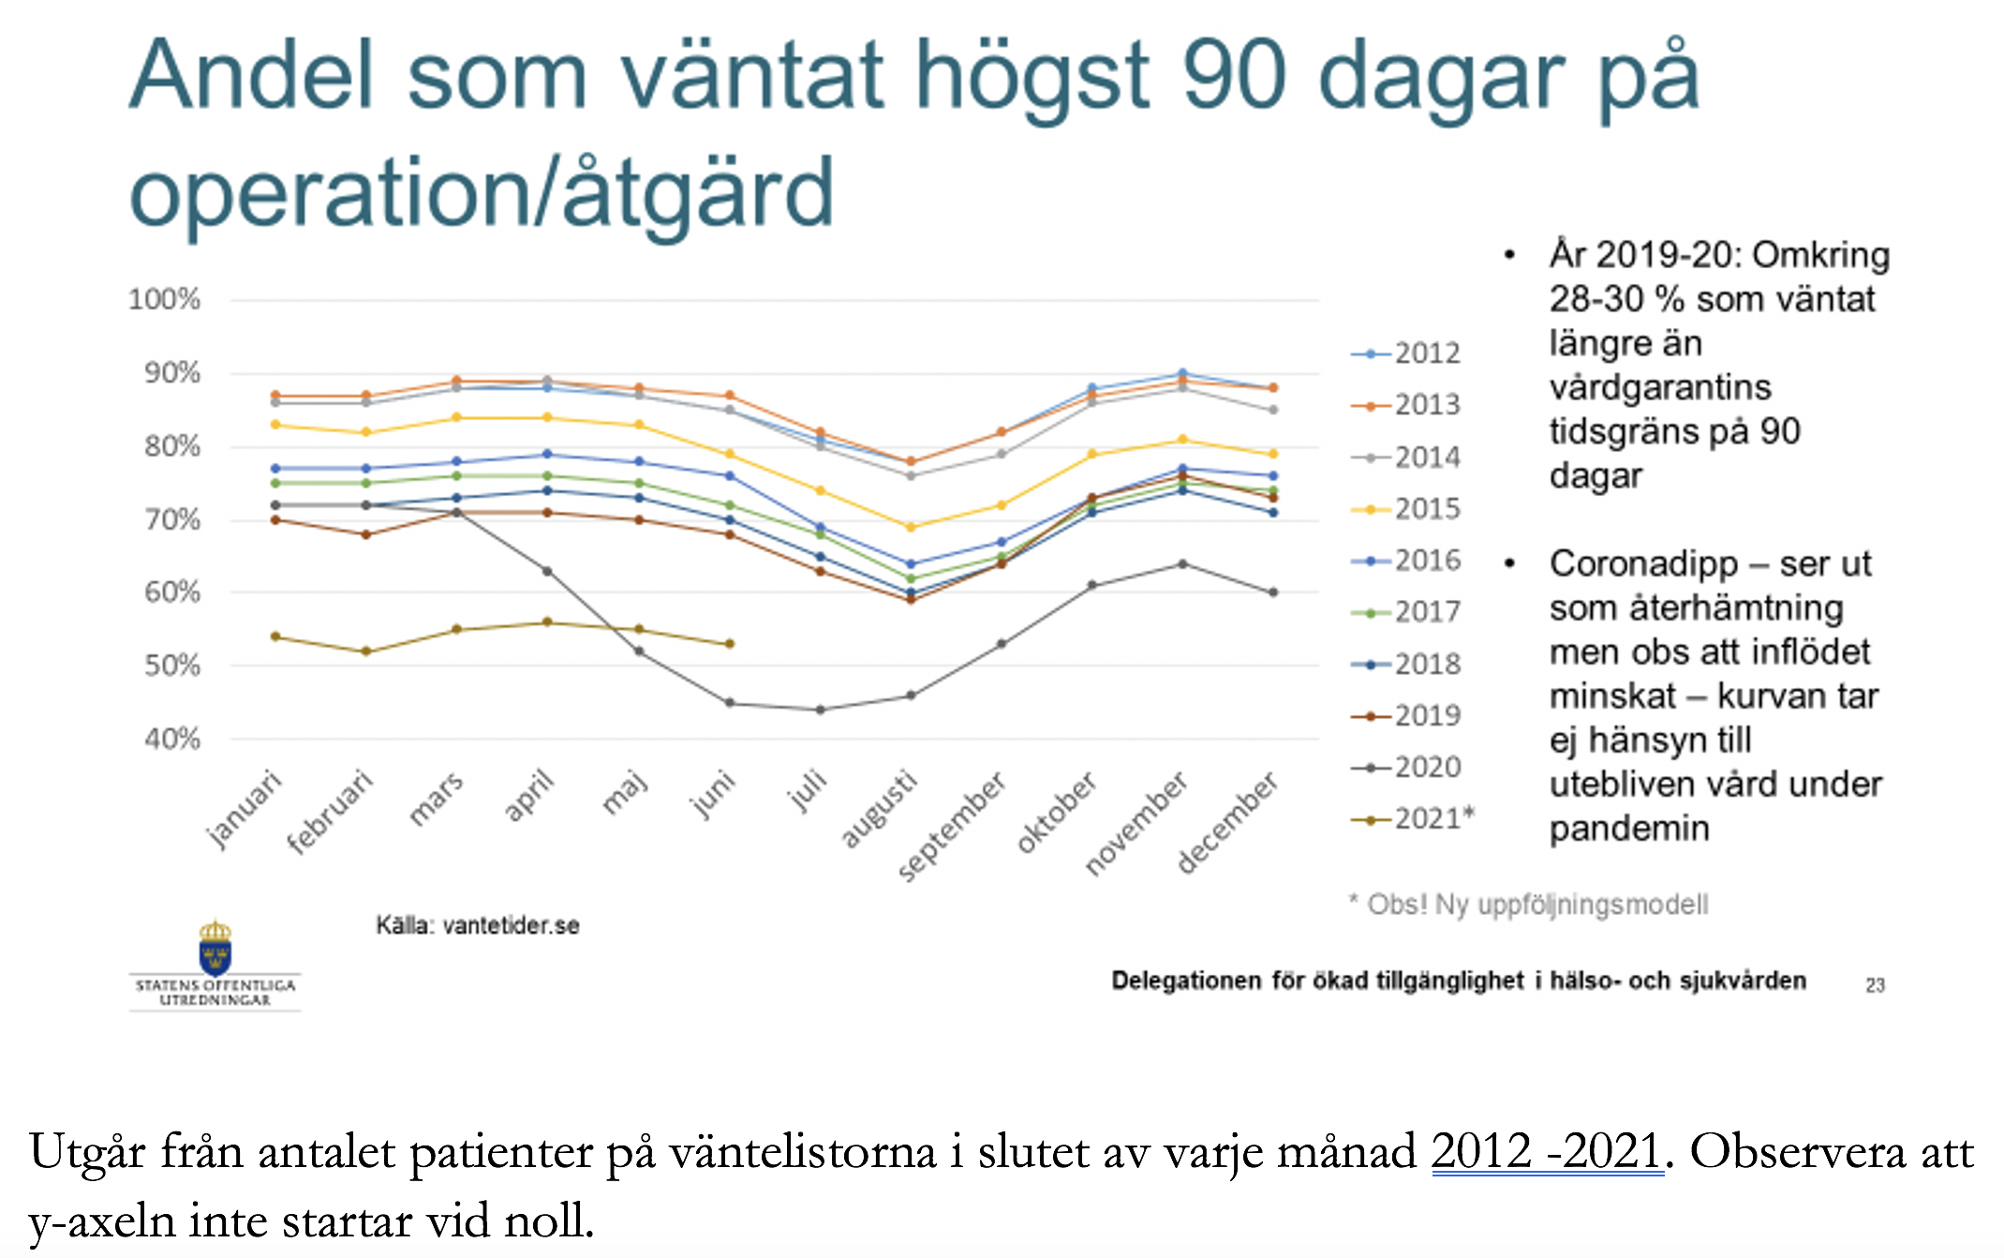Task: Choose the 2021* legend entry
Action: tap(1413, 819)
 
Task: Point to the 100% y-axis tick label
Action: tap(165, 300)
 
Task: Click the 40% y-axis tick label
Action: tap(172, 739)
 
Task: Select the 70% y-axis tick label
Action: tap(172, 519)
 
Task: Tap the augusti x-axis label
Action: tap(877, 808)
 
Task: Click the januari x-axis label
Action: tap(243, 809)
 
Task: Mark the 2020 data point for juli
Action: tap(821, 710)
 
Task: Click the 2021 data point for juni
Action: tap(730, 644)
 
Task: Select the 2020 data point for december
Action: tap(1273, 592)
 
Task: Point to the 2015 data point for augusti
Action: tap(911, 527)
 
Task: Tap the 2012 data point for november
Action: tap(1182, 373)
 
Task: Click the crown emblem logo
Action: tap(215, 948)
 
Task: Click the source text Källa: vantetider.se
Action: tap(478, 926)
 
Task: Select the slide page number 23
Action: tap(1875, 985)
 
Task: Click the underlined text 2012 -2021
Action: tap(1548, 1151)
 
